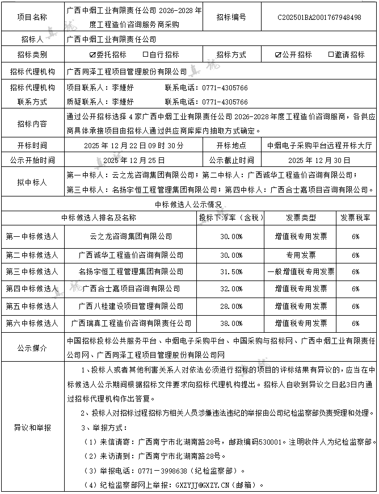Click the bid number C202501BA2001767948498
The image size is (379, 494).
pyautogui.click(x=319, y=18)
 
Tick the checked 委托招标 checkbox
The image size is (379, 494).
pyautogui.click(x=92, y=55)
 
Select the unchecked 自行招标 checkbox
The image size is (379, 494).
pyautogui.click(x=146, y=55)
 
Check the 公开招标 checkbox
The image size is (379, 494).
pyautogui.click(x=278, y=55)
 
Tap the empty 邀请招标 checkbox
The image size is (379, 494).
pyautogui.click(x=331, y=55)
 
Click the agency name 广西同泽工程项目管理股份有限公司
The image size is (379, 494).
pyautogui.click(x=127, y=72)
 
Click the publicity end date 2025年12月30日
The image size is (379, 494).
pyautogui.click(x=320, y=160)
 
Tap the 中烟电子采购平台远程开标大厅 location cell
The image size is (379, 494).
pyautogui.click(x=320, y=145)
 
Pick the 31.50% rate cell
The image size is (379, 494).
pyautogui.click(x=231, y=271)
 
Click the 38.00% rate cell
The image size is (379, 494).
pyautogui.click(x=231, y=323)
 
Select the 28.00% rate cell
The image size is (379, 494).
pyautogui.click(x=231, y=306)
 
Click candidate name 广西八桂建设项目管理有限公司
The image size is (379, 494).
pyautogui.click(x=131, y=306)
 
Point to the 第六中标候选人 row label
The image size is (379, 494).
pyautogui.click(x=32, y=323)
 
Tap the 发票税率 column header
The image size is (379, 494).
pyautogui.click(x=355, y=217)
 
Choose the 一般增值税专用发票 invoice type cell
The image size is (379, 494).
pyautogui.click(x=300, y=271)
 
